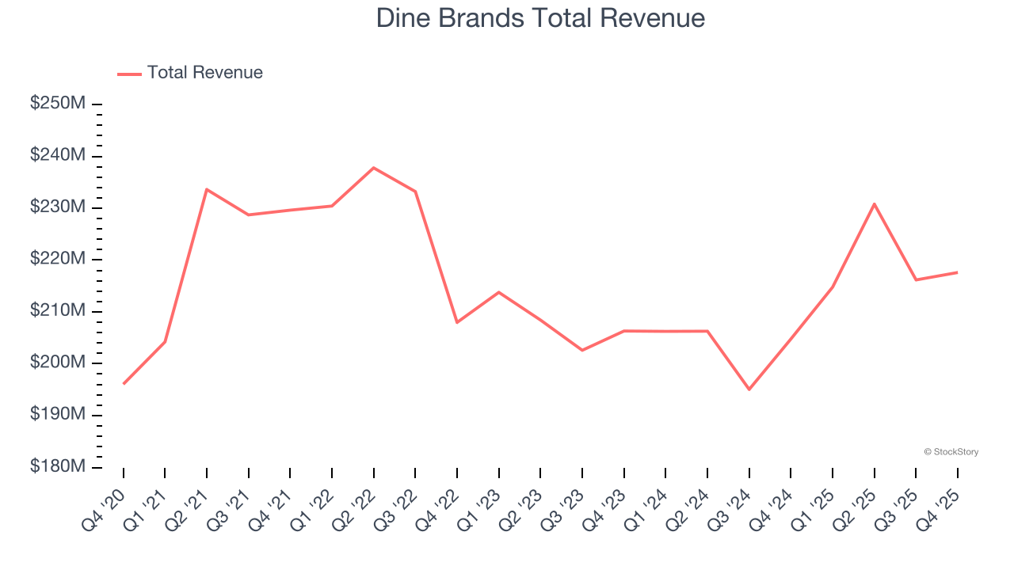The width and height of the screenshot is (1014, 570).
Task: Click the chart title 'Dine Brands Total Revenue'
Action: coord(540,18)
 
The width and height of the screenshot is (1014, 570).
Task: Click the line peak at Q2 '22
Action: coord(373,168)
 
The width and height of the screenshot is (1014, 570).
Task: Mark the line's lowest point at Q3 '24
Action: coord(749,389)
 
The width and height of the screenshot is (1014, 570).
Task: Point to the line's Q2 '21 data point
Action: coord(207,189)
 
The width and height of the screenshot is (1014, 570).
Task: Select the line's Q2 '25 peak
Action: coord(874,203)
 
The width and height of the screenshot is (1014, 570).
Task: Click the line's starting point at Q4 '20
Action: coord(124,384)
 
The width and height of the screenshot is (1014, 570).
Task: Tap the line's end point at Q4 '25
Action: coord(957,272)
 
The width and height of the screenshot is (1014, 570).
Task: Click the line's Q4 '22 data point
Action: coord(457,322)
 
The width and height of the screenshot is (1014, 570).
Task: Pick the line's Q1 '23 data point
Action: coord(498,292)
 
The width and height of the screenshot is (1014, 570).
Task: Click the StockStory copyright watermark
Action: coord(951,452)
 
